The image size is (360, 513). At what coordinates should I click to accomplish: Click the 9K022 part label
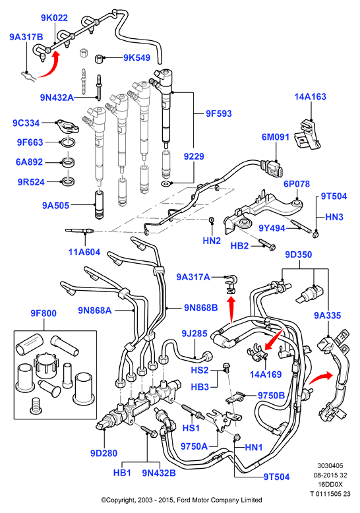click(54, 18)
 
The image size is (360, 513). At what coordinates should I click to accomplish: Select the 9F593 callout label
click(219, 113)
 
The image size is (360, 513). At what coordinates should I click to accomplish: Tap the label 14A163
click(311, 96)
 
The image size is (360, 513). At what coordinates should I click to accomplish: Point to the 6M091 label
click(276, 136)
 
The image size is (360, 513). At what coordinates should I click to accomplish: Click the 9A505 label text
click(55, 206)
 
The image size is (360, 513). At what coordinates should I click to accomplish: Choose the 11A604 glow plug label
click(84, 252)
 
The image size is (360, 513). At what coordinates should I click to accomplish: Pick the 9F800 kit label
click(44, 313)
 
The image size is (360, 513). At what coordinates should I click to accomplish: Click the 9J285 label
click(195, 334)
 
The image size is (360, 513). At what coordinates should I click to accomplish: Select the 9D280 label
click(104, 453)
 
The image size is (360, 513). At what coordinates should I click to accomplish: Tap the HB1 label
click(122, 473)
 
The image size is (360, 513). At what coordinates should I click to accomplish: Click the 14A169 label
click(266, 375)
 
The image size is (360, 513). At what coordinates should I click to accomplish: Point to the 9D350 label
click(299, 255)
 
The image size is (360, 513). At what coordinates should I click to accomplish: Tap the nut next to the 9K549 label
click(100, 59)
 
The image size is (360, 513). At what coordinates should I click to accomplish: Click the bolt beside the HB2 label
click(268, 245)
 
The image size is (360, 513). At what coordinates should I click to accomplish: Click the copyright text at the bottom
click(181, 500)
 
